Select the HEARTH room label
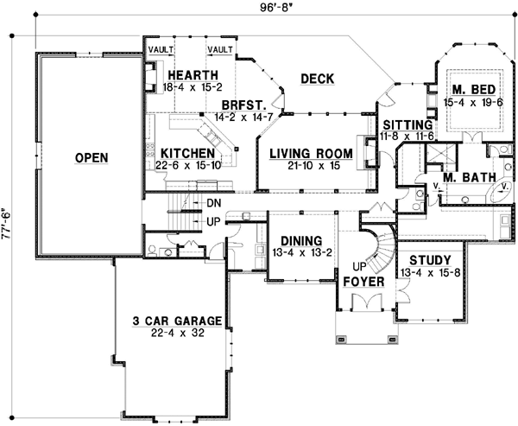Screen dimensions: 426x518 (193, 74)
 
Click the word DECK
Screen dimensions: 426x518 (317, 79)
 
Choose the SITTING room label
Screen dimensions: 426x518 (407, 125)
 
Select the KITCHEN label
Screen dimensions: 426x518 (180, 154)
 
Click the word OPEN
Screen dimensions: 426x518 (91, 158)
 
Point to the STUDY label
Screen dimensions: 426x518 (430, 259)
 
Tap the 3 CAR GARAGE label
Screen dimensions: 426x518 (177, 321)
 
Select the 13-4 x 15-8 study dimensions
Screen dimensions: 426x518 (430, 272)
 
